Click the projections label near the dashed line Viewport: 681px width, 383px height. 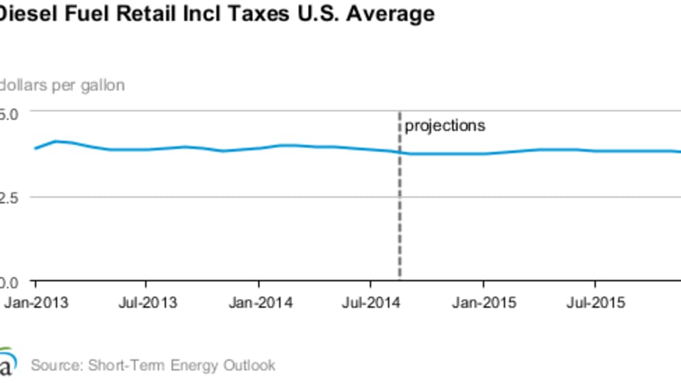click(445, 126)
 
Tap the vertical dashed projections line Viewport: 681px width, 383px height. click(400, 208)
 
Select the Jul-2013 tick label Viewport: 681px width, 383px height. click(146, 303)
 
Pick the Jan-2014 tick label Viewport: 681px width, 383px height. click(259, 303)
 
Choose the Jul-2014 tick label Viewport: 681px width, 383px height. click(370, 303)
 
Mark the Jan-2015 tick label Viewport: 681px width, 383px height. click(484, 303)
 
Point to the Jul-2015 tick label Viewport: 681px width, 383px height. click(595, 303)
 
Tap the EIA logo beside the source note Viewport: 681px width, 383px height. click(7, 363)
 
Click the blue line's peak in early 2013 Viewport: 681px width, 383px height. click(56, 141)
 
